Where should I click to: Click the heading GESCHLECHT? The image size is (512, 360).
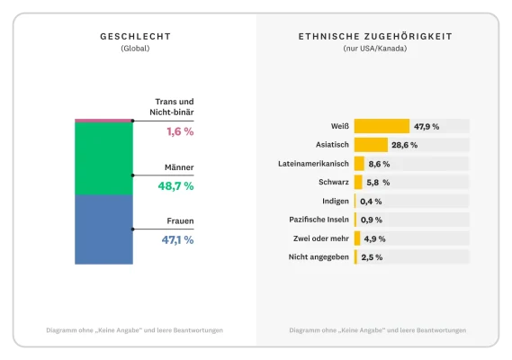135,37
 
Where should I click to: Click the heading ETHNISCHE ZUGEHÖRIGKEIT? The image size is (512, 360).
375,37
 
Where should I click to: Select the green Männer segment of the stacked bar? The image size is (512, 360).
103,158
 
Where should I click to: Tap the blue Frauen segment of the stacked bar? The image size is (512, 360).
103,229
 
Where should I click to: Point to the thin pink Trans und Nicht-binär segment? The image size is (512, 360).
103,120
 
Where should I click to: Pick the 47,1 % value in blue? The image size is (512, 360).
176,239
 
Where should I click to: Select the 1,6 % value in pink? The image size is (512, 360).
179,131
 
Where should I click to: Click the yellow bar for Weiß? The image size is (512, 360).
382,126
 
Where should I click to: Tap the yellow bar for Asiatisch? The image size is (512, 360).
371,145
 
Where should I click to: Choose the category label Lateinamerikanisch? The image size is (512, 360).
312,164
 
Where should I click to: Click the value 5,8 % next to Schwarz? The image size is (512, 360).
379,183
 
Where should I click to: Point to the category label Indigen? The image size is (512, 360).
335,201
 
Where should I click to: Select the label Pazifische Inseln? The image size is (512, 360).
320,220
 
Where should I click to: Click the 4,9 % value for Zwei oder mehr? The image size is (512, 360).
374,238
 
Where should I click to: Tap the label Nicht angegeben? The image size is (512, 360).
319,256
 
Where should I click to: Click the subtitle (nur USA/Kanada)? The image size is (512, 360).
375,49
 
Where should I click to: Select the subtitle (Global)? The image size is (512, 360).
135,49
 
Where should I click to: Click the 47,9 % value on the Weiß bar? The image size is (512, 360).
427,127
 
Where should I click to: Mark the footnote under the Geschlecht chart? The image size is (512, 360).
135,330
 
